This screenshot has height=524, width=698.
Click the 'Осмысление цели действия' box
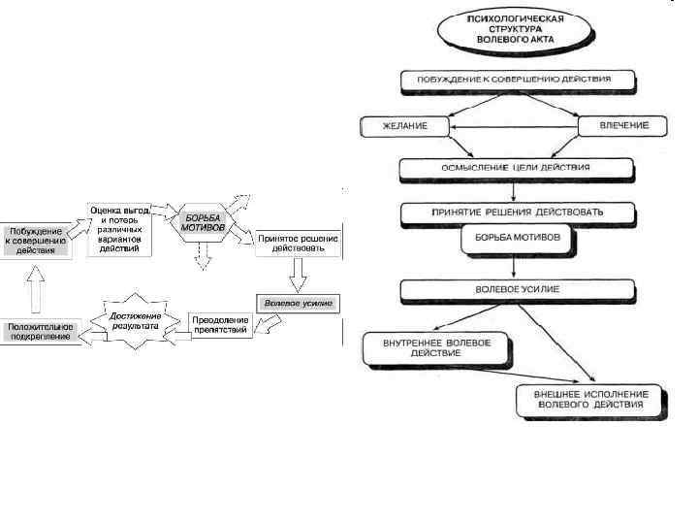pos(517,168)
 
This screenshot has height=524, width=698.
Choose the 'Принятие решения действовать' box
pos(517,211)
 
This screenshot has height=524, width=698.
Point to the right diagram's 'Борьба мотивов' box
pos(517,241)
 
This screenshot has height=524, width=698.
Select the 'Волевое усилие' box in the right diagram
pos(517,289)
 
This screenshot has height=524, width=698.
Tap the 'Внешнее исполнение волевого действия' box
pos(588,399)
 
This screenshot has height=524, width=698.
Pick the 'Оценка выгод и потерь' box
pos(120,229)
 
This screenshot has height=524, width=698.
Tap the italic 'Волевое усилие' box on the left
pos(298,303)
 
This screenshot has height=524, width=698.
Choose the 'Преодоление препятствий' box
pos(220,324)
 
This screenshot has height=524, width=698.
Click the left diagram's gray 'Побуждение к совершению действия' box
pos(36,240)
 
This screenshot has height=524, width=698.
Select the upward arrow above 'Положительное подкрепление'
pos(36,288)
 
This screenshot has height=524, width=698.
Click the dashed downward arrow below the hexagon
pos(203,254)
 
